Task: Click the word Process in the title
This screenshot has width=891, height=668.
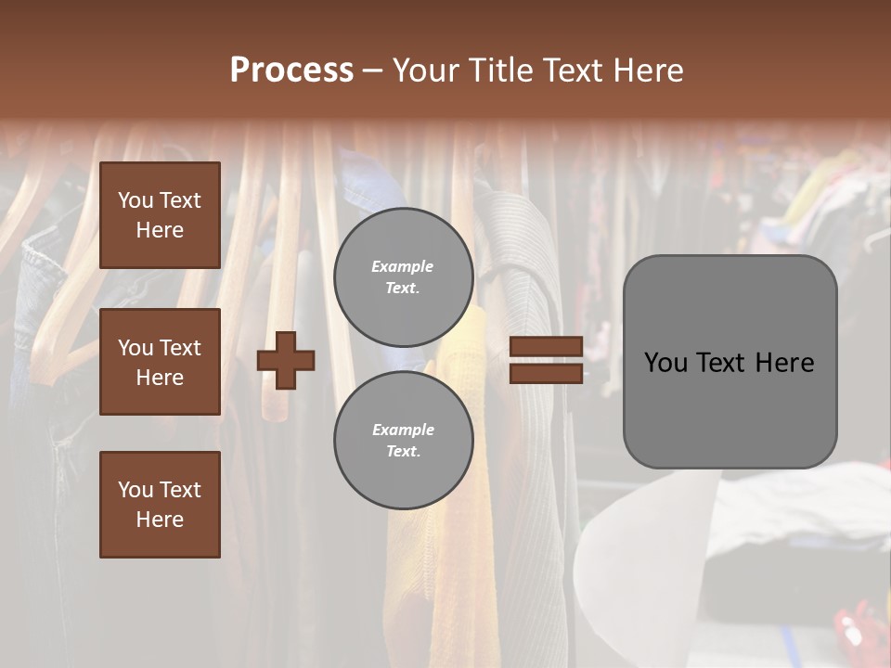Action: tap(291, 71)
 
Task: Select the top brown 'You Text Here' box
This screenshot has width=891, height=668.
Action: tap(160, 215)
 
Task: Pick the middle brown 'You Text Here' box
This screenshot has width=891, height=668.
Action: tap(160, 362)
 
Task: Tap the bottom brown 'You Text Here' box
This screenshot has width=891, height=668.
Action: tap(160, 505)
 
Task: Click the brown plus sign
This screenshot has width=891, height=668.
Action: tap(286, 360)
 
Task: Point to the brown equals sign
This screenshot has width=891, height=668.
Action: tap(546, 360)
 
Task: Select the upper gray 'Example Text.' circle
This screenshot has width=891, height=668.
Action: tap(403, 276)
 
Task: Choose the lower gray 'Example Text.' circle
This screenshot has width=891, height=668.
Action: tap(403, 440)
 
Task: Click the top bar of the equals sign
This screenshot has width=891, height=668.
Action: tap(546, 347)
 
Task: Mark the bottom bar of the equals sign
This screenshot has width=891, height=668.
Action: tap(546, 373)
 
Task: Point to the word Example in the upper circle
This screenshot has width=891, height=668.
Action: tap(402, 266)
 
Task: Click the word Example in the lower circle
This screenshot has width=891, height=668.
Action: tap(403, 430)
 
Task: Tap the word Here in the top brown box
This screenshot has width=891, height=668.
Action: tap(160, 230)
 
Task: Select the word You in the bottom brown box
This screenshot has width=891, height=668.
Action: tap(136, 490)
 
